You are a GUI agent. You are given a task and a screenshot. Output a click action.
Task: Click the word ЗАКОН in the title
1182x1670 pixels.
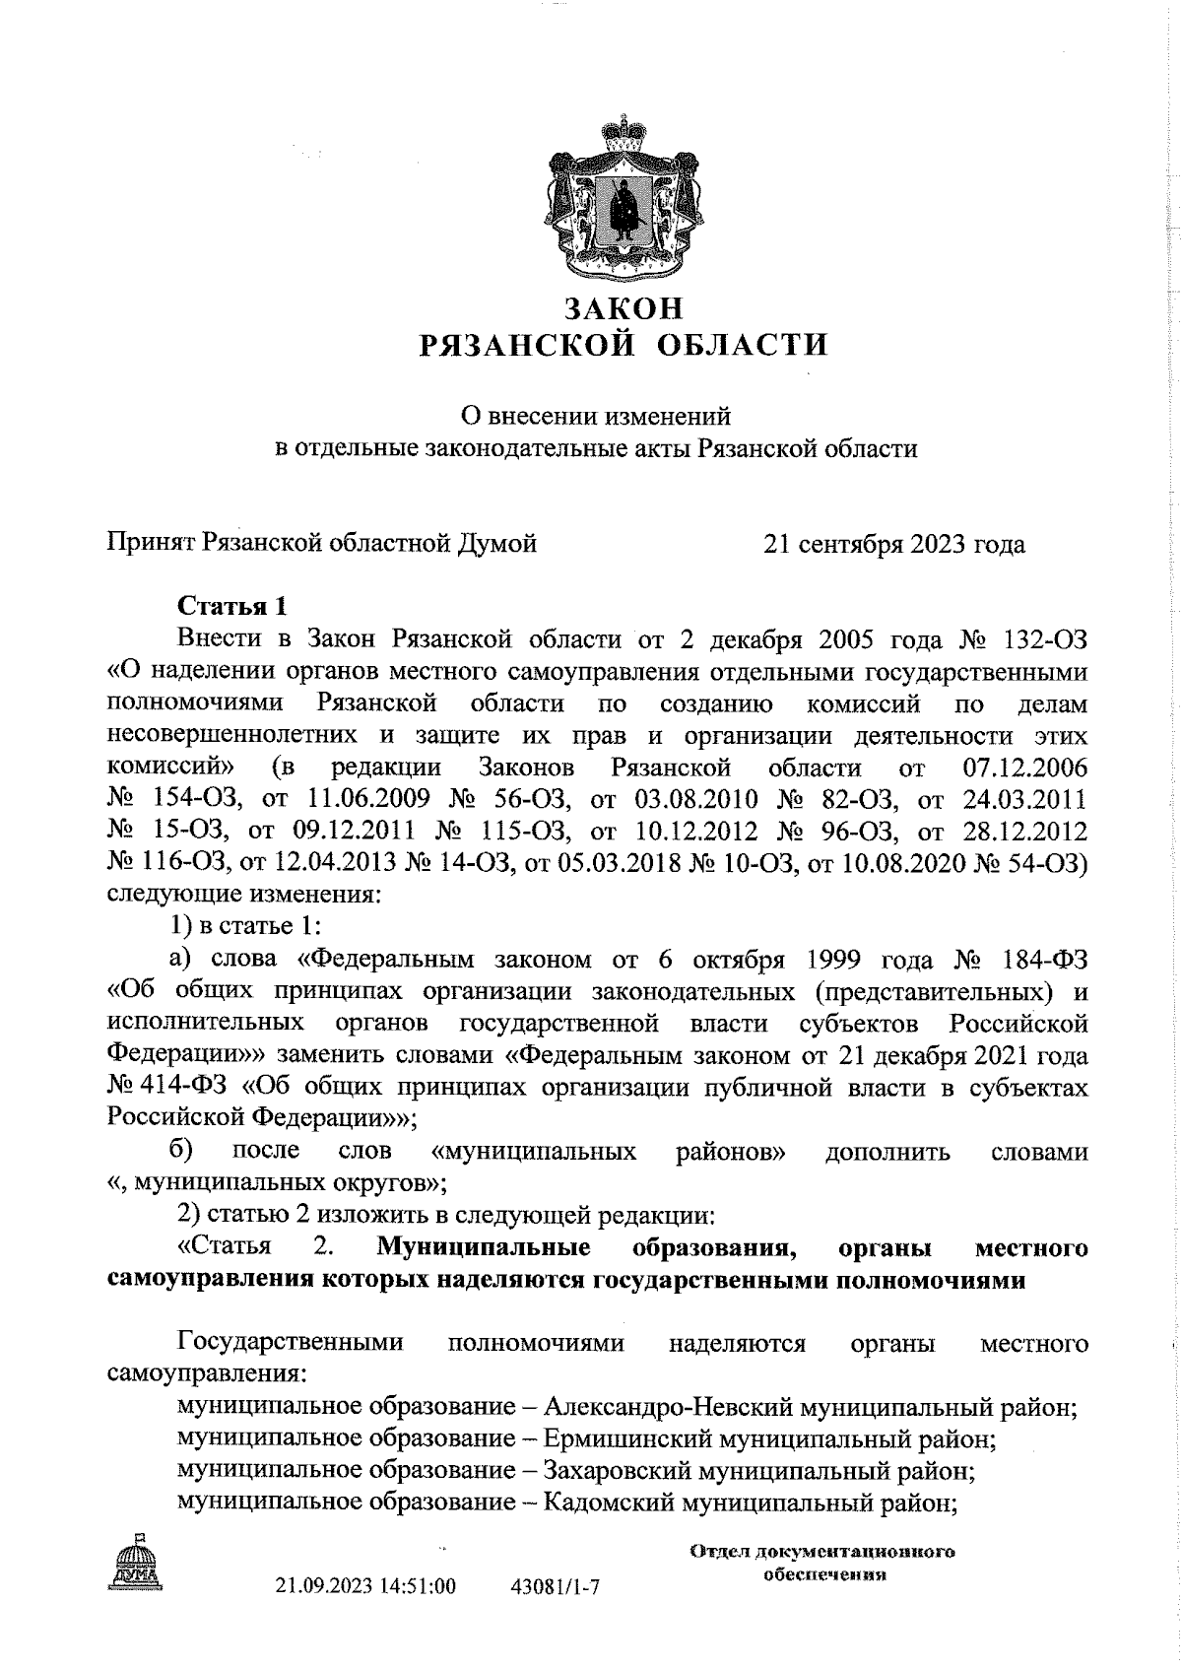pyautogui.click(x=623, y=308)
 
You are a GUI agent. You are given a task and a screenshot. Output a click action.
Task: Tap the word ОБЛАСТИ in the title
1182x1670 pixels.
pyautogui.click(x=746, y=345)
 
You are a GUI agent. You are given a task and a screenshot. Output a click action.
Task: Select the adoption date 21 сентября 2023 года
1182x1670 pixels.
pyautogui.click(x=893, y=544)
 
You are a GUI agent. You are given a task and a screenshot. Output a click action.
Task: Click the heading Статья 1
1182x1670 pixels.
pyautogui.click(x=231, y=604)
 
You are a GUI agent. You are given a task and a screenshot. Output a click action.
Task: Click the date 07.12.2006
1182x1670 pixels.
pyautogui.click(x=1023, y=768)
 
